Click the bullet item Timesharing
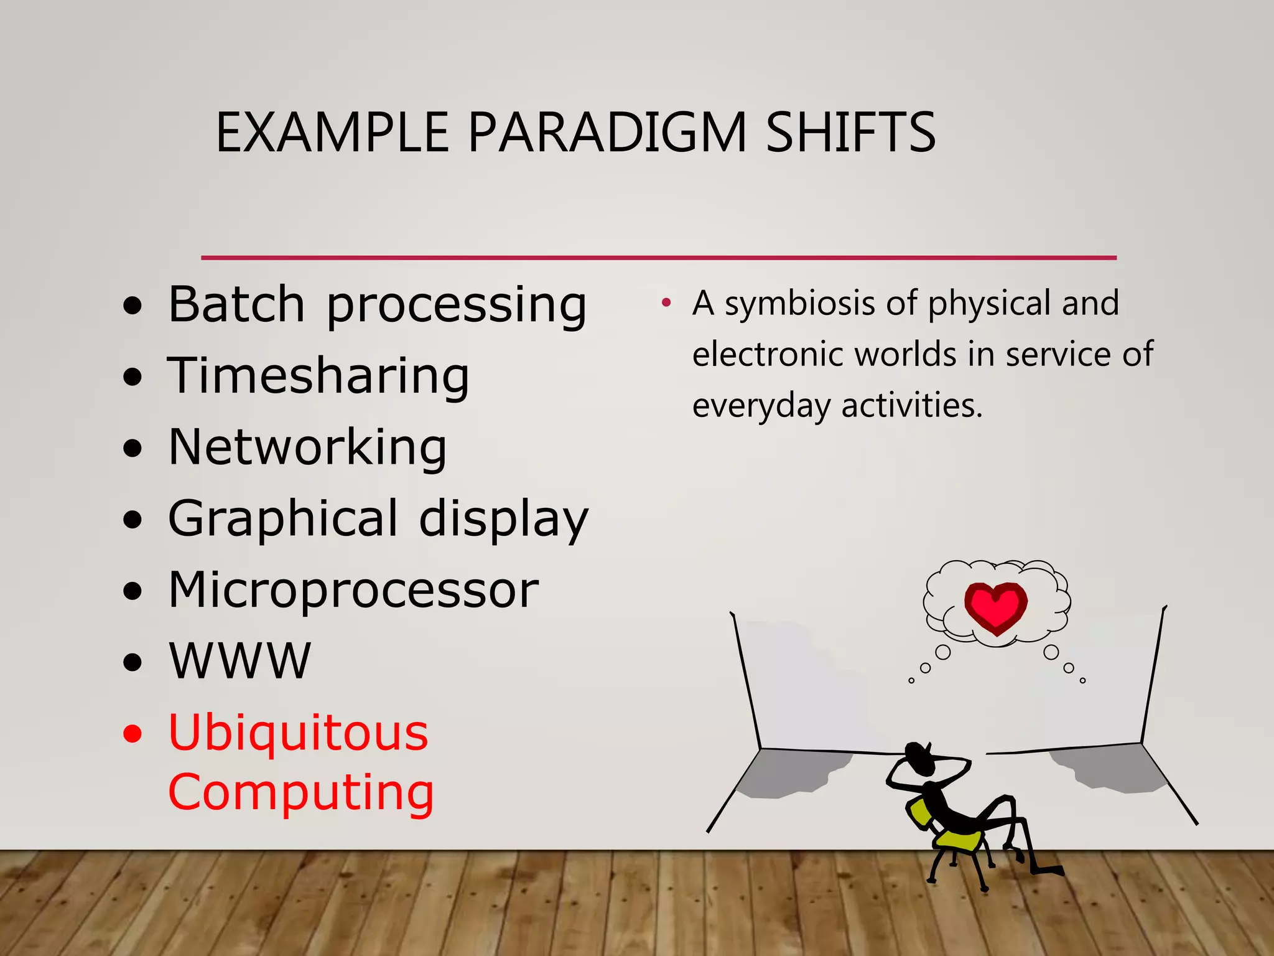(x=318, y=376)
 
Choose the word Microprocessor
(x=353, y=589)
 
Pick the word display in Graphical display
(x=503, y=519)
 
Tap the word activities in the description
(x=911, y=406)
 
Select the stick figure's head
(x=918, y=757)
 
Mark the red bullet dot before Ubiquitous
(x=133, y=734)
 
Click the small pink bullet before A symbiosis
(x=666, y=303)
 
